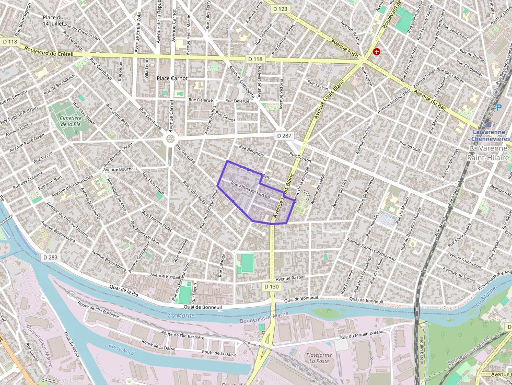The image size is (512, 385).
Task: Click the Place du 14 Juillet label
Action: click(x=53, y=20)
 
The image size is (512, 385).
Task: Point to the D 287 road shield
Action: click(x=283, y=135)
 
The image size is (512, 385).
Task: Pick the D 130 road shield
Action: click(x=272, y=287)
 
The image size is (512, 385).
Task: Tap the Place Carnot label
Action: click(x=172, y=78)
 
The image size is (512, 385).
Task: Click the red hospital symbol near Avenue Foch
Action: click(x=376, y=52)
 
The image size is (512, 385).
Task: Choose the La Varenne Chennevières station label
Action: click(x=491, y=136)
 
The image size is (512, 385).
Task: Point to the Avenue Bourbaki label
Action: click(x=120, y=169)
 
